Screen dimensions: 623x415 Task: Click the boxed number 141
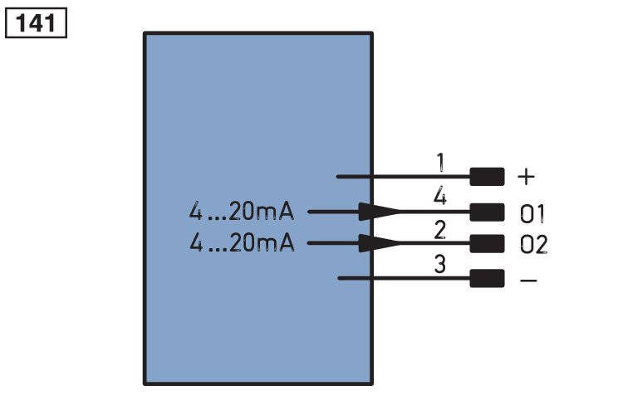tap(36, 23)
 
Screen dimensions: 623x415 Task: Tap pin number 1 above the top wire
tap(440, 163)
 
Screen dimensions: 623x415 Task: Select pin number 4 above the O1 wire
tap(439, 196)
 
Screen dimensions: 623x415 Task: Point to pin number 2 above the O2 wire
tap(439, 230)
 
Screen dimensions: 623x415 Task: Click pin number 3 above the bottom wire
tap(439, 264)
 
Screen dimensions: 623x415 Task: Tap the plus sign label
tap(527, 176)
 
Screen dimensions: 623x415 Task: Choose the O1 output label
tap(532, 213)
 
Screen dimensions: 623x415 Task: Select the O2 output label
tap(533, 244)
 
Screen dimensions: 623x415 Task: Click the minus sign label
tap(528, 281)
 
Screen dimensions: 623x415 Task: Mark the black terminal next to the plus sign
tap(487, 177)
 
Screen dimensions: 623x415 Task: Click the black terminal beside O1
tap(487, 212)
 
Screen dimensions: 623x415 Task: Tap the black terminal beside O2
tap(487, 243)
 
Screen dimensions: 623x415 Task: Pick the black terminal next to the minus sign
tap(487, 278)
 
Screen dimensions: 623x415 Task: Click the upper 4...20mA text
tap(242, 212)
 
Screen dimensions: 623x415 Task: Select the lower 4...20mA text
tap(242, 242)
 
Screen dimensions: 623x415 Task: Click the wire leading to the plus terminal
tap(403, 177)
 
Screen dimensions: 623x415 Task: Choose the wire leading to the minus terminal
tap(404, 278)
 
